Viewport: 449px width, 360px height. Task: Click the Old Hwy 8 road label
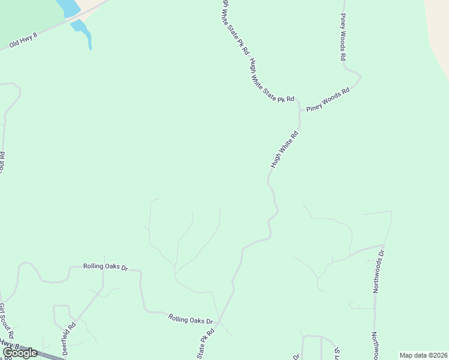23,40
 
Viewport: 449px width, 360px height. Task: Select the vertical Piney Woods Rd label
343,37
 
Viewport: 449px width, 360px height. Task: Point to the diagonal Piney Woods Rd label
328,100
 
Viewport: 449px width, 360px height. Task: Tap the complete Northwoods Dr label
379,272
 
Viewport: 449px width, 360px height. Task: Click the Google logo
20,353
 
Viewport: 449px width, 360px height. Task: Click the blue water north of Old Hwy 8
67,7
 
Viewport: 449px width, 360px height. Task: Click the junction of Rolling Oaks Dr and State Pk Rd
219,322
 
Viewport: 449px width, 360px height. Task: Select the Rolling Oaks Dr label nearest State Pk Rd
191,320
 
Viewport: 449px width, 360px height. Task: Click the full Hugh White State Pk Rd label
273,80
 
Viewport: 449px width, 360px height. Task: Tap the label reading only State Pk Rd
205,344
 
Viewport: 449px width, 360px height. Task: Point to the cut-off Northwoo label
375,346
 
